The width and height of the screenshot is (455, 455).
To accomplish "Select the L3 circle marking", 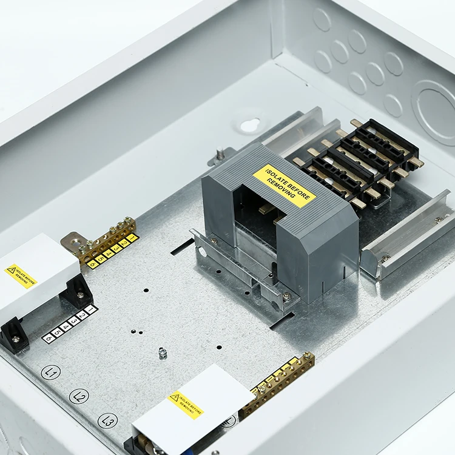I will pyautogui.click(x=107, y=420).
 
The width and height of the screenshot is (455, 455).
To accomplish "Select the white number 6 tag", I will pyautogui.click(x=49, y=338).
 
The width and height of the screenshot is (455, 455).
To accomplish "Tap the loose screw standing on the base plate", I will pyautogui.click(x=163, y=352).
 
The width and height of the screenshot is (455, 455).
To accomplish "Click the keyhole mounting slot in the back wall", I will pyautogui.click(x=249, y=125).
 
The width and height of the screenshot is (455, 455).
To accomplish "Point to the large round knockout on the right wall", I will pyautogui.click(x=434, y=113).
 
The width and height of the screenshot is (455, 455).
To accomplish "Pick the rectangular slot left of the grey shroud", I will pyautogui.click(x=182, y=247).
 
